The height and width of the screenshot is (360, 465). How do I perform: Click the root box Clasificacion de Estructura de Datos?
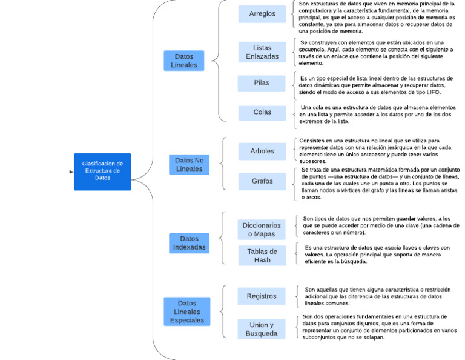pyautogui.click(x=102, y=172)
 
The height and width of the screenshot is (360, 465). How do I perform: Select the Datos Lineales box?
pyautogui.click(x=184, y=61)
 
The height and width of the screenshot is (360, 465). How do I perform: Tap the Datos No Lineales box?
pyautogui.click(x=189, y=164)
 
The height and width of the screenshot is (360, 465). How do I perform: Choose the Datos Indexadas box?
pyautogui.click(x=189, y=243)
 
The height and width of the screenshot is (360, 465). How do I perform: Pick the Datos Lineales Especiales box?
pyautogui.click(x=187, y=312)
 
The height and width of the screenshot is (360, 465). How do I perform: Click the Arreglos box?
pyautogui.click(x=262, y=14)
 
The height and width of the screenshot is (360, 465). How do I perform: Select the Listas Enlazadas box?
pyautogui.click(x=262, y=52)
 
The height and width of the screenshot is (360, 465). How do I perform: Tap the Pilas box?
pyautogui.click(x=262, y=83)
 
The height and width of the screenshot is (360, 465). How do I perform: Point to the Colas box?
pyautogui.click(x=262, y=112)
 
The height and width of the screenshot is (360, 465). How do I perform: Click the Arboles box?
pyautogui.click(x=262, y=151)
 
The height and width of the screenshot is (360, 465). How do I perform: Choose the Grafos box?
pyautogui.click(x=262, y=181)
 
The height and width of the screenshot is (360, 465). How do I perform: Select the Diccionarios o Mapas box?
pyautogui.click(x=262, y=229)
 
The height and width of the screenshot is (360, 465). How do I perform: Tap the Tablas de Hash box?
pyautogui.click(x=262, y=255)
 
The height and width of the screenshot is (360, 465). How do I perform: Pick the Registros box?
pyautogui.click(x=262, y=296)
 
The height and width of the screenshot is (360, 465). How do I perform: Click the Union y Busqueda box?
pyautogui.click(x=262, y=328)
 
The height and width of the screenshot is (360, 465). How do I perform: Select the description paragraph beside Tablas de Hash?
pyautogui.click(x=377, y=255)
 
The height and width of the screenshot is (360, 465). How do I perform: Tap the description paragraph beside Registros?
pyautogui.click(x=377, y=296)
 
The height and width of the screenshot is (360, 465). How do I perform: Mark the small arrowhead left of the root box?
pyautogui.click(x=72, y=172)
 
